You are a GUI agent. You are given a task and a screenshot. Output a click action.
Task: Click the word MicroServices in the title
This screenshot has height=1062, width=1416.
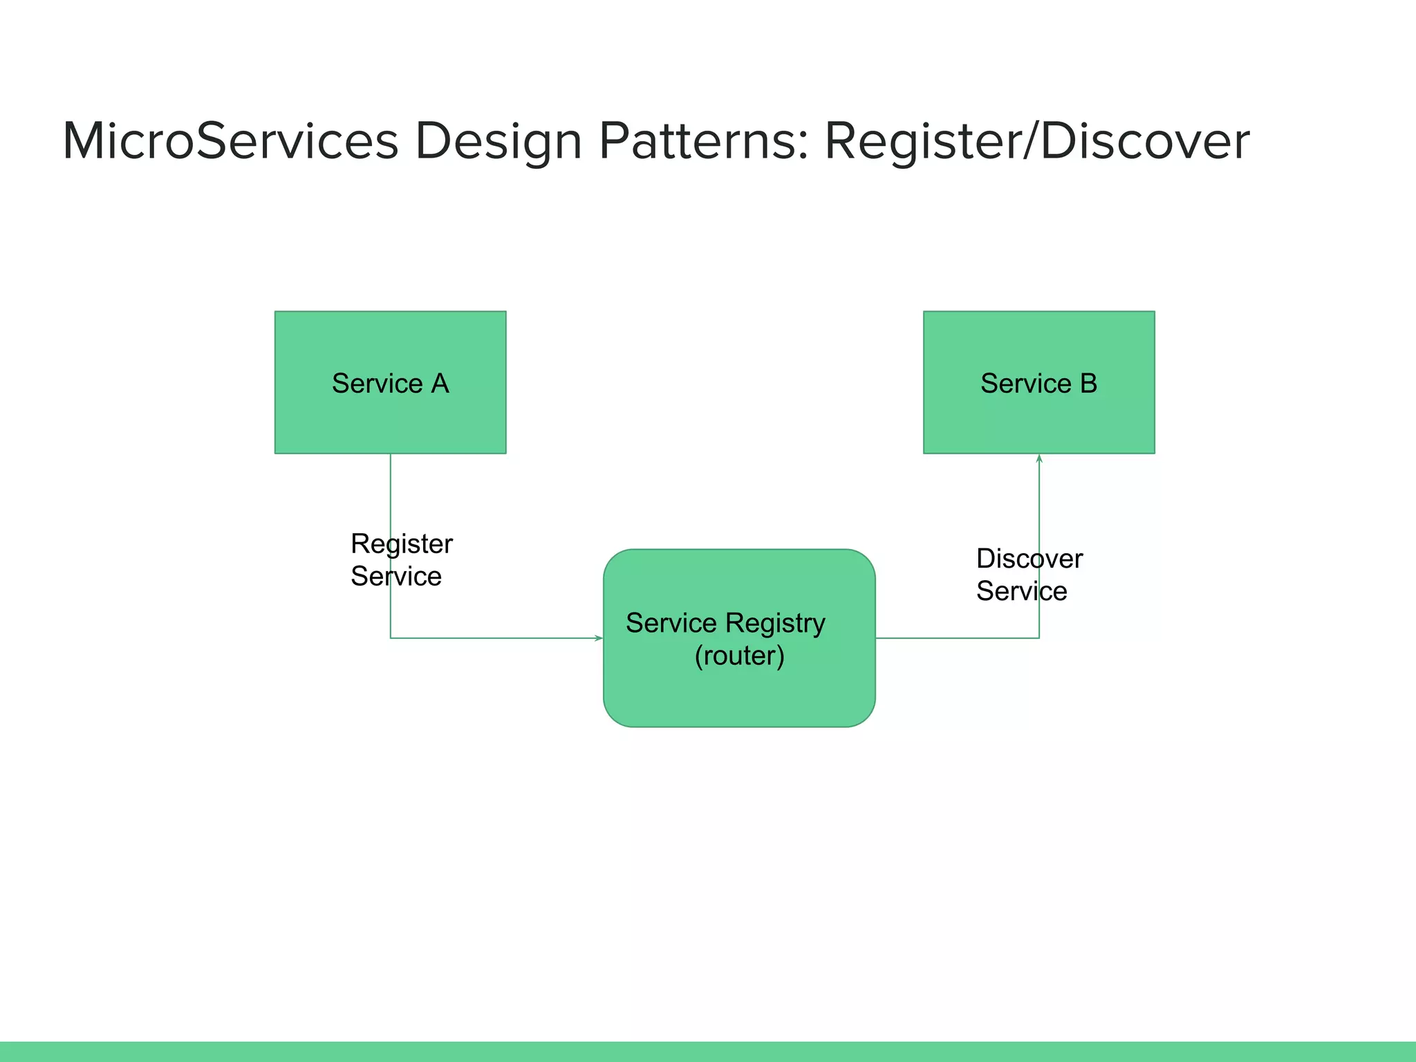(x=230, y=141)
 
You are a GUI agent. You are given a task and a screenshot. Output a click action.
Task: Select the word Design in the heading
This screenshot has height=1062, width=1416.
(x=498, y=141)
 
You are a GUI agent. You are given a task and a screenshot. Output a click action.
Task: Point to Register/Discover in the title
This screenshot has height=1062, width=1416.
(x=1037, y=141)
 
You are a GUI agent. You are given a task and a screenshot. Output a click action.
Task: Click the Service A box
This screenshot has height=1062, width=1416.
(x=390, y=422)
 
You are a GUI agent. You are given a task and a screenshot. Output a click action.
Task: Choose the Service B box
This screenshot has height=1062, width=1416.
(x=1038, y=422)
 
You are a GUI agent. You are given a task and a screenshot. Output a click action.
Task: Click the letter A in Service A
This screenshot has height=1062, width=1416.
(x=440, y=384)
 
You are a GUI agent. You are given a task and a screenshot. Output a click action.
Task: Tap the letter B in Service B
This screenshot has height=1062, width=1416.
(x=1088, y=384)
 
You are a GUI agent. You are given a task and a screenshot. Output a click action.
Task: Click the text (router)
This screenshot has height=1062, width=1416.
(x=739, y=655)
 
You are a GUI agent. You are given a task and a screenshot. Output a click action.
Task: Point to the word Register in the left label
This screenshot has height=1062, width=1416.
(x=401, y=544)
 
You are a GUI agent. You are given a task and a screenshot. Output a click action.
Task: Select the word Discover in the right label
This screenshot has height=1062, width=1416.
(x=1029, y=559)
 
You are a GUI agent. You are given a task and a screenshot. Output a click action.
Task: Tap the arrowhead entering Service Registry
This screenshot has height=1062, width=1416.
(x=599, y=637)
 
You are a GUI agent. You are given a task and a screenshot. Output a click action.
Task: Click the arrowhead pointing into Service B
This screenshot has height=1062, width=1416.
(x=1038, y=458)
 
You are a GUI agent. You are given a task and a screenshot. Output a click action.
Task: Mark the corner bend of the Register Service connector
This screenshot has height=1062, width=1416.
(x=391, y=637)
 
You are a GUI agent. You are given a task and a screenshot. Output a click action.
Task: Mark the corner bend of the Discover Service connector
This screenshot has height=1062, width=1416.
(x=1038, y=637)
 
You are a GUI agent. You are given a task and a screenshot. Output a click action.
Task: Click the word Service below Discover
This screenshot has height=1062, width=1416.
(x=1021, y=591)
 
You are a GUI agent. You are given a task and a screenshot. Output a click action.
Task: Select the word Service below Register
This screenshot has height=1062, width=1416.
(x=395, y=577)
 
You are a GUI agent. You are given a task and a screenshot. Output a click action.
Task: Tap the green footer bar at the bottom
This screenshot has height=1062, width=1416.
(x=708, y=1051)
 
